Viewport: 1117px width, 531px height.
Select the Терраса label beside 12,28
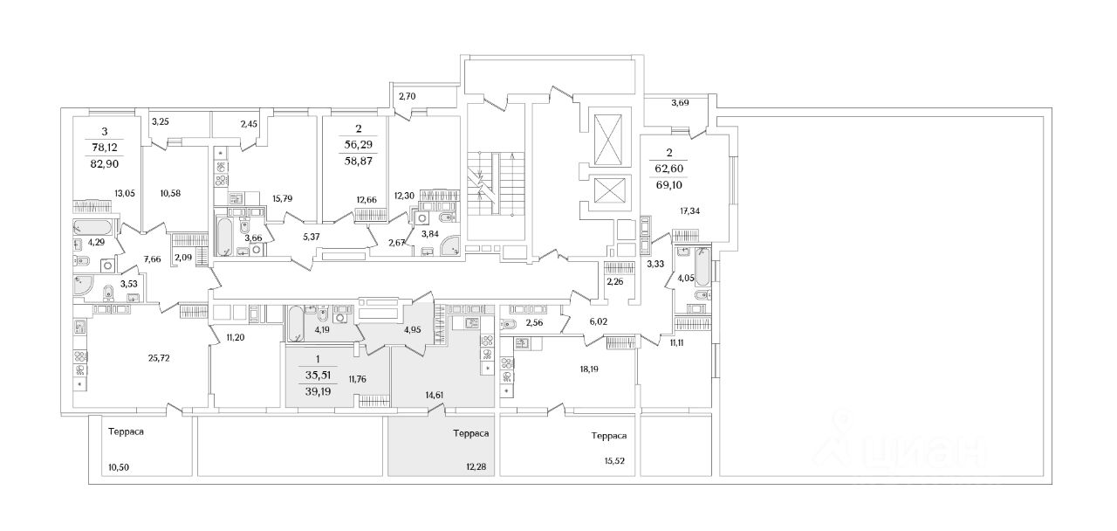[x=470, y=433]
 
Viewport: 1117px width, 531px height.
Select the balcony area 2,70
[x=409, y=96]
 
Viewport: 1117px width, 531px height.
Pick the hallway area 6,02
[x=598, y=321]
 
